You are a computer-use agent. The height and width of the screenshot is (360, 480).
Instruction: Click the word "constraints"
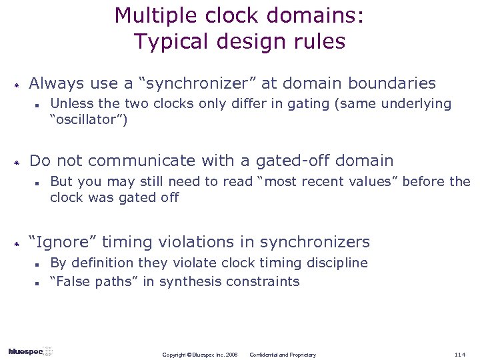[263, 281]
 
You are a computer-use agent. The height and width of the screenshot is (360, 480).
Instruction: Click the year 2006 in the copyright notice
[231, 355]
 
